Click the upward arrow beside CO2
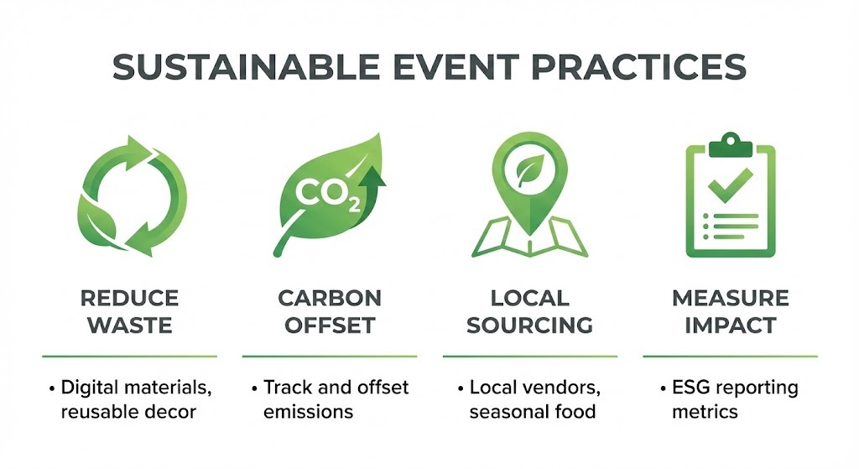pyautogui.click(x=373, y=189)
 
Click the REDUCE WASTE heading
pyautogui.click(x=129, y=311)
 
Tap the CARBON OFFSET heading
pyautogui.click(x=330, y=311)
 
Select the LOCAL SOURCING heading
pyautogui.click(x=529, y=311)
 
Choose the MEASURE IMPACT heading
pyautogui.click(x=731, y=311)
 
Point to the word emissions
pyautogui.click(x=308, y=411)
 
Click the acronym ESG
pyautogui.click(x=691, y=388)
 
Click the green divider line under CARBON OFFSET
pyautogui.click(x=330, y=356)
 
